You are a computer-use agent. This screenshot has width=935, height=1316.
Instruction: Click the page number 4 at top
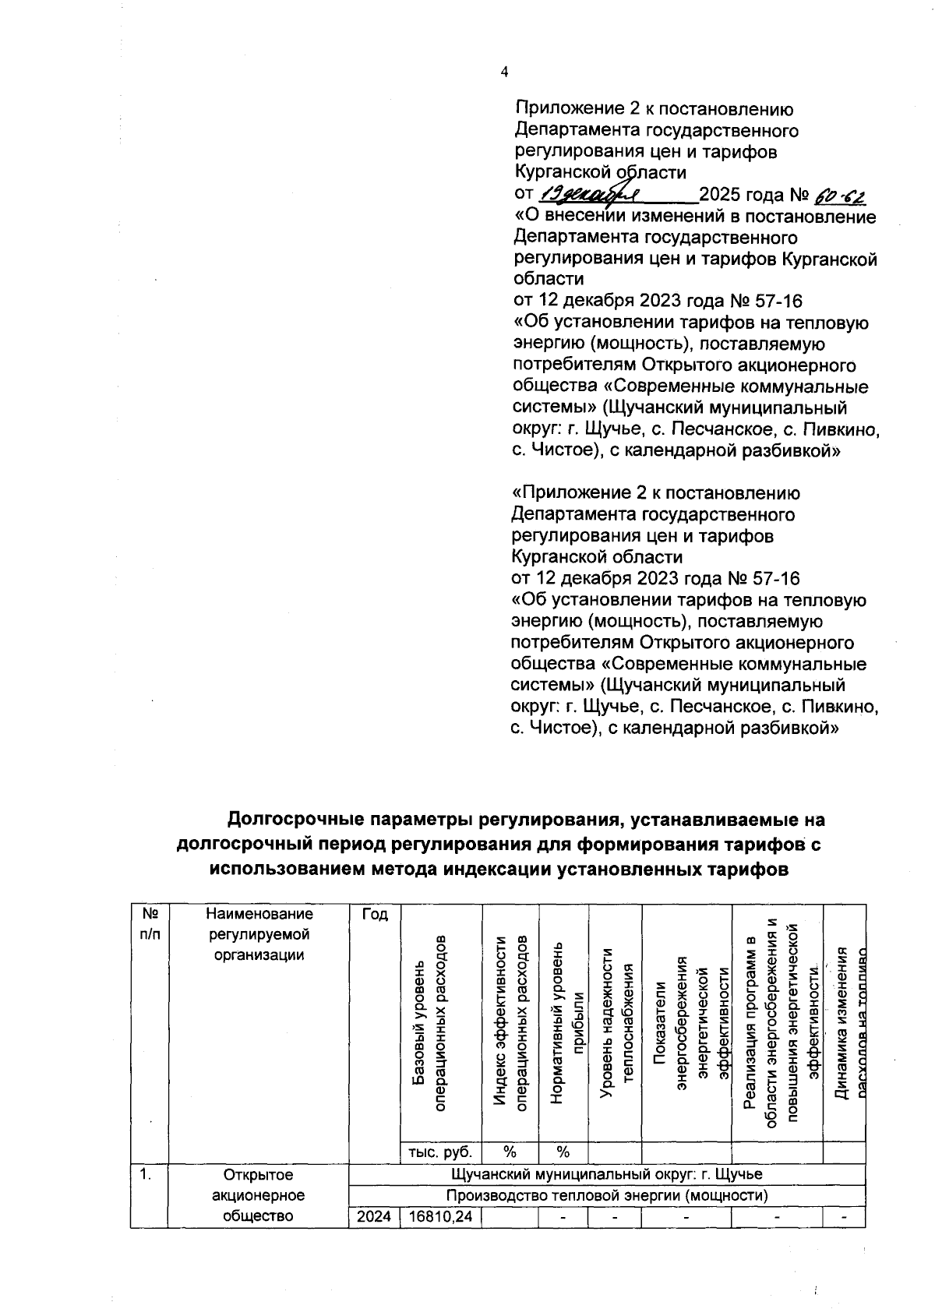click(x=503, y=72)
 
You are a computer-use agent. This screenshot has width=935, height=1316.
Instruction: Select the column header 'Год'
click(x=374, y=914)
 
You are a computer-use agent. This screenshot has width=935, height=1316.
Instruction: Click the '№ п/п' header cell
click(x=149, y=923)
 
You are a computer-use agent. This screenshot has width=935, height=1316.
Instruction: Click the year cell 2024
click(x=373, y=1216)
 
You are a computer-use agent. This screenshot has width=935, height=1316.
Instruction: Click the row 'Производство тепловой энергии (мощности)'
click(x=607, y=1195)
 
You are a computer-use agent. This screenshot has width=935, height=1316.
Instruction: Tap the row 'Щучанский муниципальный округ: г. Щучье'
click(x=607, y=1174)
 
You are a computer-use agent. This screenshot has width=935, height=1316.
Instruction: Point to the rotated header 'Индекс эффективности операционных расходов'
click(x=511, y=1021)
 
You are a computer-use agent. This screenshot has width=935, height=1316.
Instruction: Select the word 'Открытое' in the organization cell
click(x=258, y=1174)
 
